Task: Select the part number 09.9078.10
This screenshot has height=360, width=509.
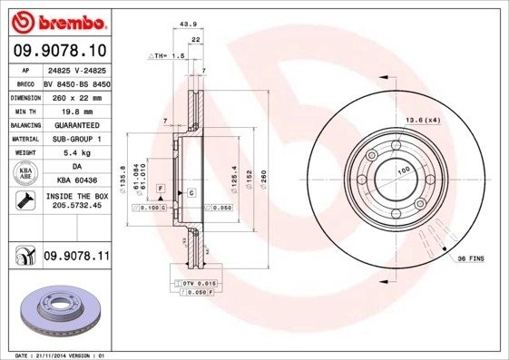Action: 59,51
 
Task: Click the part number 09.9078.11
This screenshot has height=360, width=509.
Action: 76,258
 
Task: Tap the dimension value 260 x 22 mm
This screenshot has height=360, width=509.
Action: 75,96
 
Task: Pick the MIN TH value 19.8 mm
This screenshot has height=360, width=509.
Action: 75,110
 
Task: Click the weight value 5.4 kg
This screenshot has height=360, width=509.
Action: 75,153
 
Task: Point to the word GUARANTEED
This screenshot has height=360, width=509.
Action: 75,124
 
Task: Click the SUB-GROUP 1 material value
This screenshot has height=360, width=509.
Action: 75,139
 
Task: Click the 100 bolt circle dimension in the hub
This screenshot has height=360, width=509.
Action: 402,170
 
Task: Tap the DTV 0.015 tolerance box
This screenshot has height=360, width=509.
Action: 191,285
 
